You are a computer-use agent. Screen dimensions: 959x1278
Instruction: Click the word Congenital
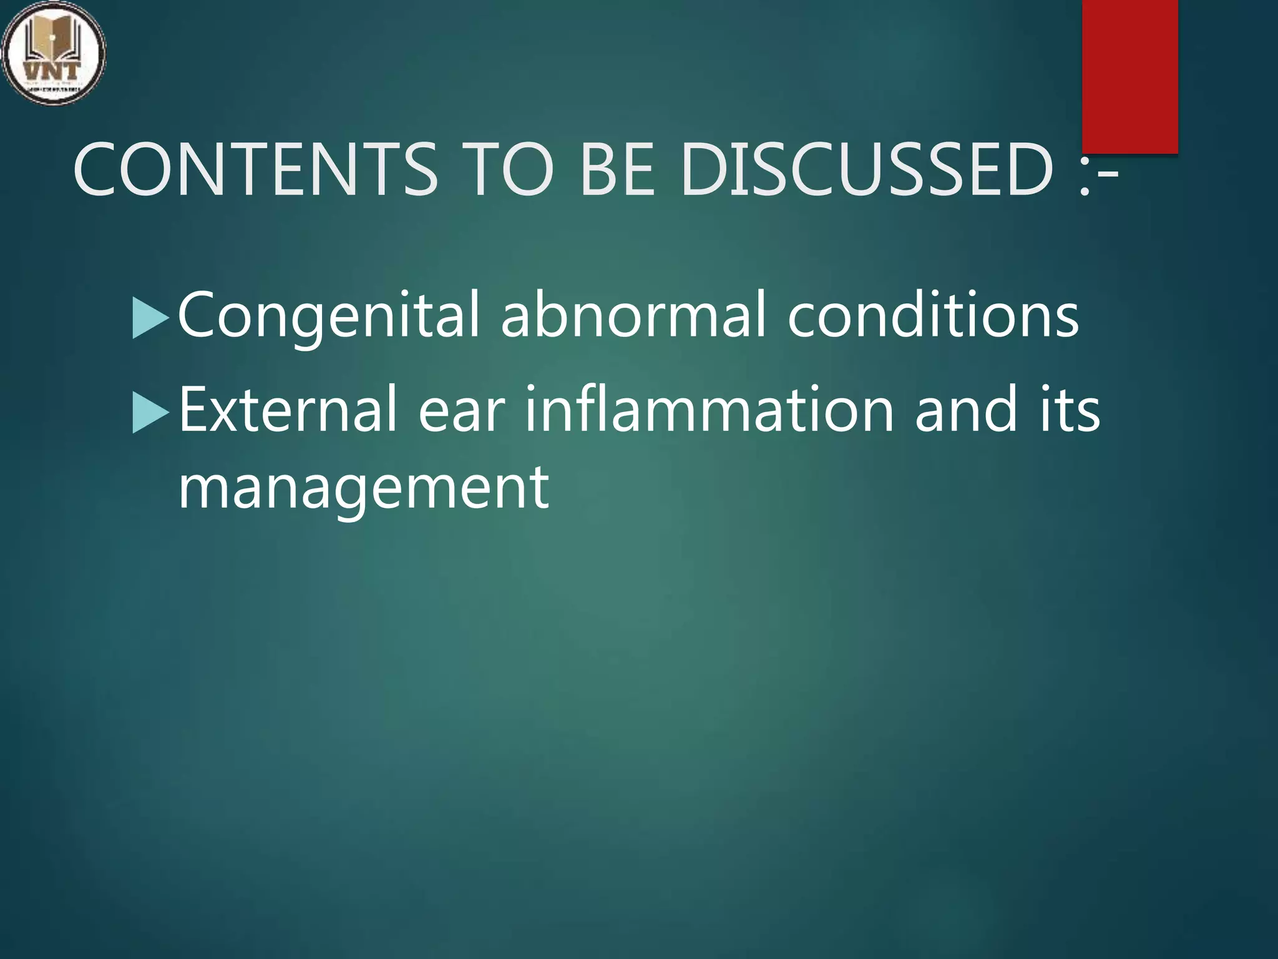click(328, 316)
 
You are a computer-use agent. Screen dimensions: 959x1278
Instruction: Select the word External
click(288, 408)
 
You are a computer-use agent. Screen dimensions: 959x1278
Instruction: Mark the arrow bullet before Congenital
click(150, 318)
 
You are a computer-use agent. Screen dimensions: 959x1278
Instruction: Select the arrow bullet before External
click(150, 413)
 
